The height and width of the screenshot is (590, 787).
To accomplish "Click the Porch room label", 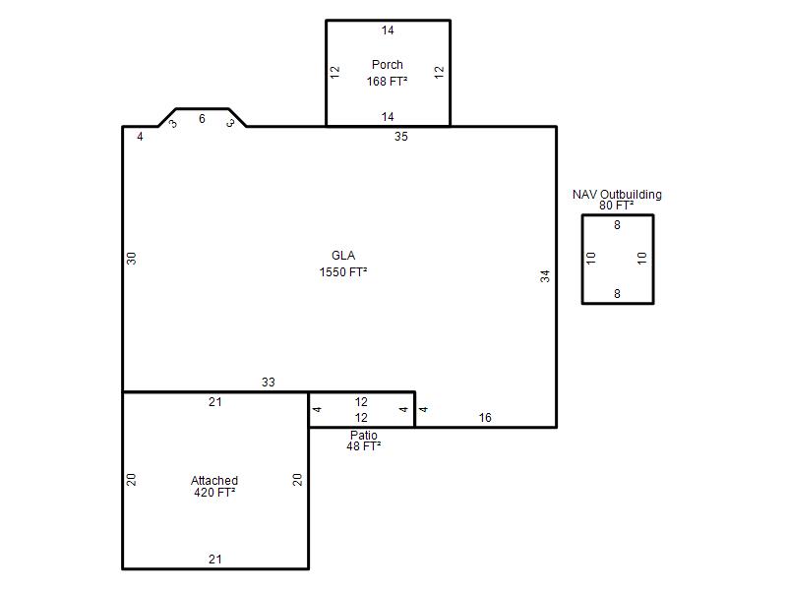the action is [x=387, y=65].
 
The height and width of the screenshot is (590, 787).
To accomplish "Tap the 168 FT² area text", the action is [x=387, y=82].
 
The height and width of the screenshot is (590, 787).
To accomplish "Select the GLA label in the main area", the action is [x=343, y=256].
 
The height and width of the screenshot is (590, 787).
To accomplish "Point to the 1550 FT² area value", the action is [x=342, y=272].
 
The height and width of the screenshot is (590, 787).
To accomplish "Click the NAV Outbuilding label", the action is [x=617, y=194].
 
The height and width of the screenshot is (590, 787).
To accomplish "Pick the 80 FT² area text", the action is [x=617, y=206].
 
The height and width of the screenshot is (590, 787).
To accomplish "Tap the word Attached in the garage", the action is [x=214, y=480].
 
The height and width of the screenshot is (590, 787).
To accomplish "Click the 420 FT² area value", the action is [x=214, y=493].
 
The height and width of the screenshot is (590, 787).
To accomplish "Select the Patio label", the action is [x=363, y=435].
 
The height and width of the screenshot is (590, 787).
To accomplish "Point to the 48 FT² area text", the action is [x=363, y=446].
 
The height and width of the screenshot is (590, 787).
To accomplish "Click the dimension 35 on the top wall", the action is [x=401, y=137].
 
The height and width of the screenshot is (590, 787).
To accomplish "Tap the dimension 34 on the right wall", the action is [x=545, y=276].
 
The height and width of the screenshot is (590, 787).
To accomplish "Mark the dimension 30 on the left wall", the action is [x=131, y=259].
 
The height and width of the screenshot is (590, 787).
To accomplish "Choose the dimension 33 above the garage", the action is [x=268, y=383].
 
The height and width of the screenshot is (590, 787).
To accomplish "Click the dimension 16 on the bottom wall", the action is [x=485, y=417].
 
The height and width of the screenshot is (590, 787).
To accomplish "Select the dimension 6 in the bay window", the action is [x=202, y=119].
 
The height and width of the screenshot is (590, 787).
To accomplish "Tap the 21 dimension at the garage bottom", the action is [x=215, y=559].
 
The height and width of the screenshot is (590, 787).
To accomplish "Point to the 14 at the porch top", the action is [x=388, y=30].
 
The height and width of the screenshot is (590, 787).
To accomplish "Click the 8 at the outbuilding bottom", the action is [x=618, y=293].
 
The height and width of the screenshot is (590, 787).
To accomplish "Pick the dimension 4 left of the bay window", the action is [x=140, y=137].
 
